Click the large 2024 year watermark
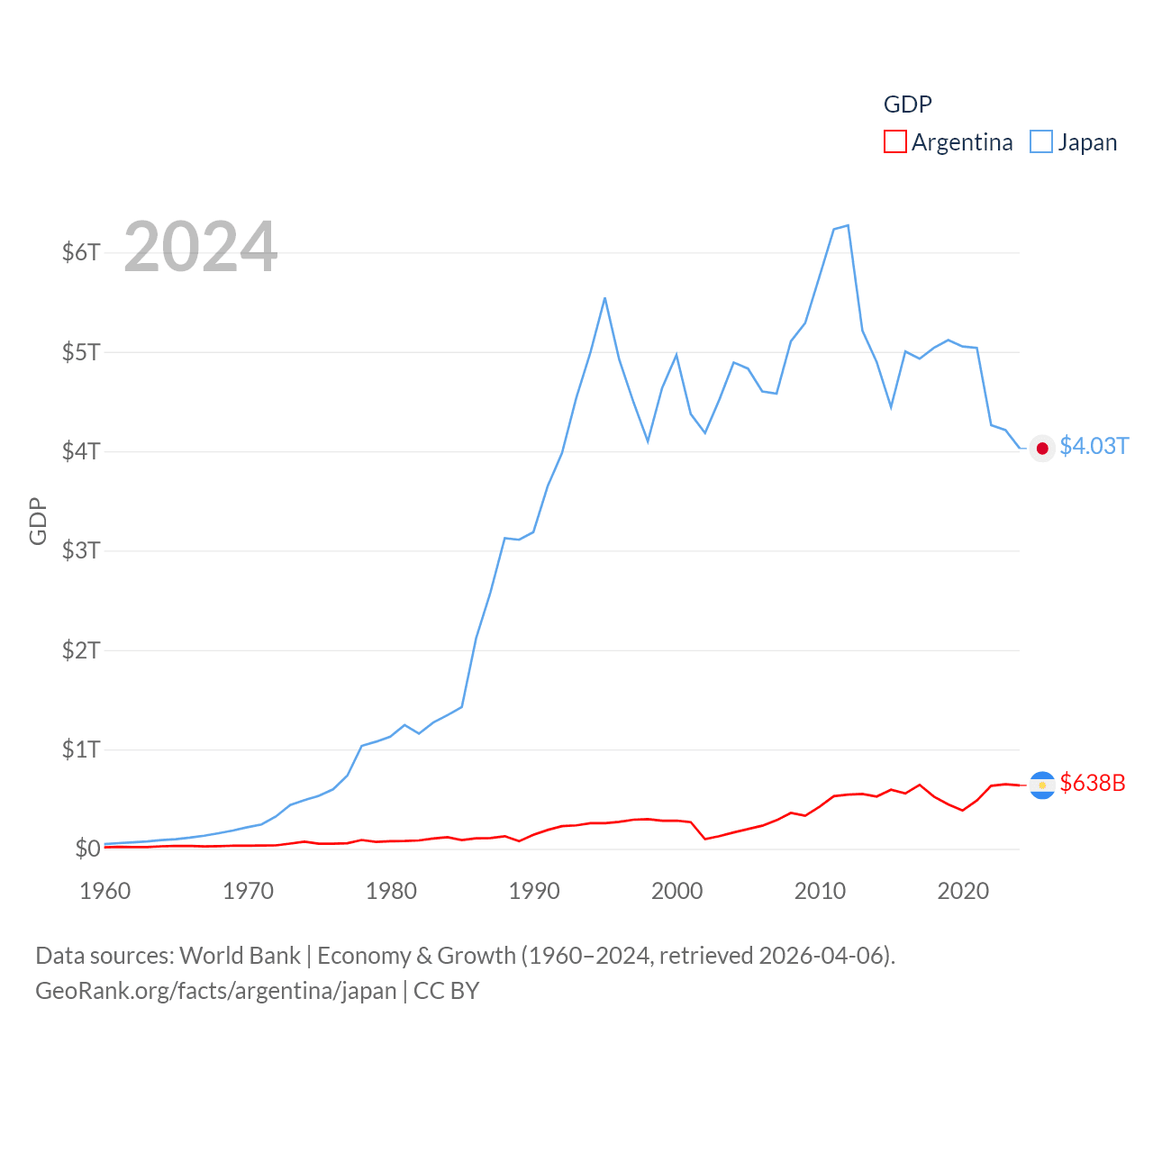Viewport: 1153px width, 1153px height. coord(200,247)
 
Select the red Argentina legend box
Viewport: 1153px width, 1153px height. coord(894,142)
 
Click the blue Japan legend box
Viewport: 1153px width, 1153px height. coord(1041,142)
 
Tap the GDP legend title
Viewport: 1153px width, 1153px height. coord(907,104)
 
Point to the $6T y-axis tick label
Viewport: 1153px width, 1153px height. coord(81,252)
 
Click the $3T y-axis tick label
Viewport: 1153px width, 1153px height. coord(81,550)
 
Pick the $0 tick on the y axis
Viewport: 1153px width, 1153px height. coord(87,849)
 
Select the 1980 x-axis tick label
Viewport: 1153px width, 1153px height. coord(391,891)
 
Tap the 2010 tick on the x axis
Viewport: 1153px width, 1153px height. coord(820,891)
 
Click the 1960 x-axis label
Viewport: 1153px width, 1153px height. coord(105,891)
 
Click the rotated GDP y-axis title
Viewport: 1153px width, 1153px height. coord(38,521)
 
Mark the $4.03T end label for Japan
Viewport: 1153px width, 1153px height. coord(1094,447)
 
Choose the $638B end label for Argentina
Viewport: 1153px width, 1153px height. coord(1093,783)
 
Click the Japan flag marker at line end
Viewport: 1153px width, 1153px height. coord(1042,449)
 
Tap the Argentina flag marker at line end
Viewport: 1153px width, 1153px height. coord(1042,785)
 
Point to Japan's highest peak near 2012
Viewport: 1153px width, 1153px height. coord(848,225)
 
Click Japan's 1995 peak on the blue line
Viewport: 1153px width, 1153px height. coord(604,298)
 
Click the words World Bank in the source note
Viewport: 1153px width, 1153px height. coord(240,956)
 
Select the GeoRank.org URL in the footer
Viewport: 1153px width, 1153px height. coord(215,991)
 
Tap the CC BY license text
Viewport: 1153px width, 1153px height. coord(447,991)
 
